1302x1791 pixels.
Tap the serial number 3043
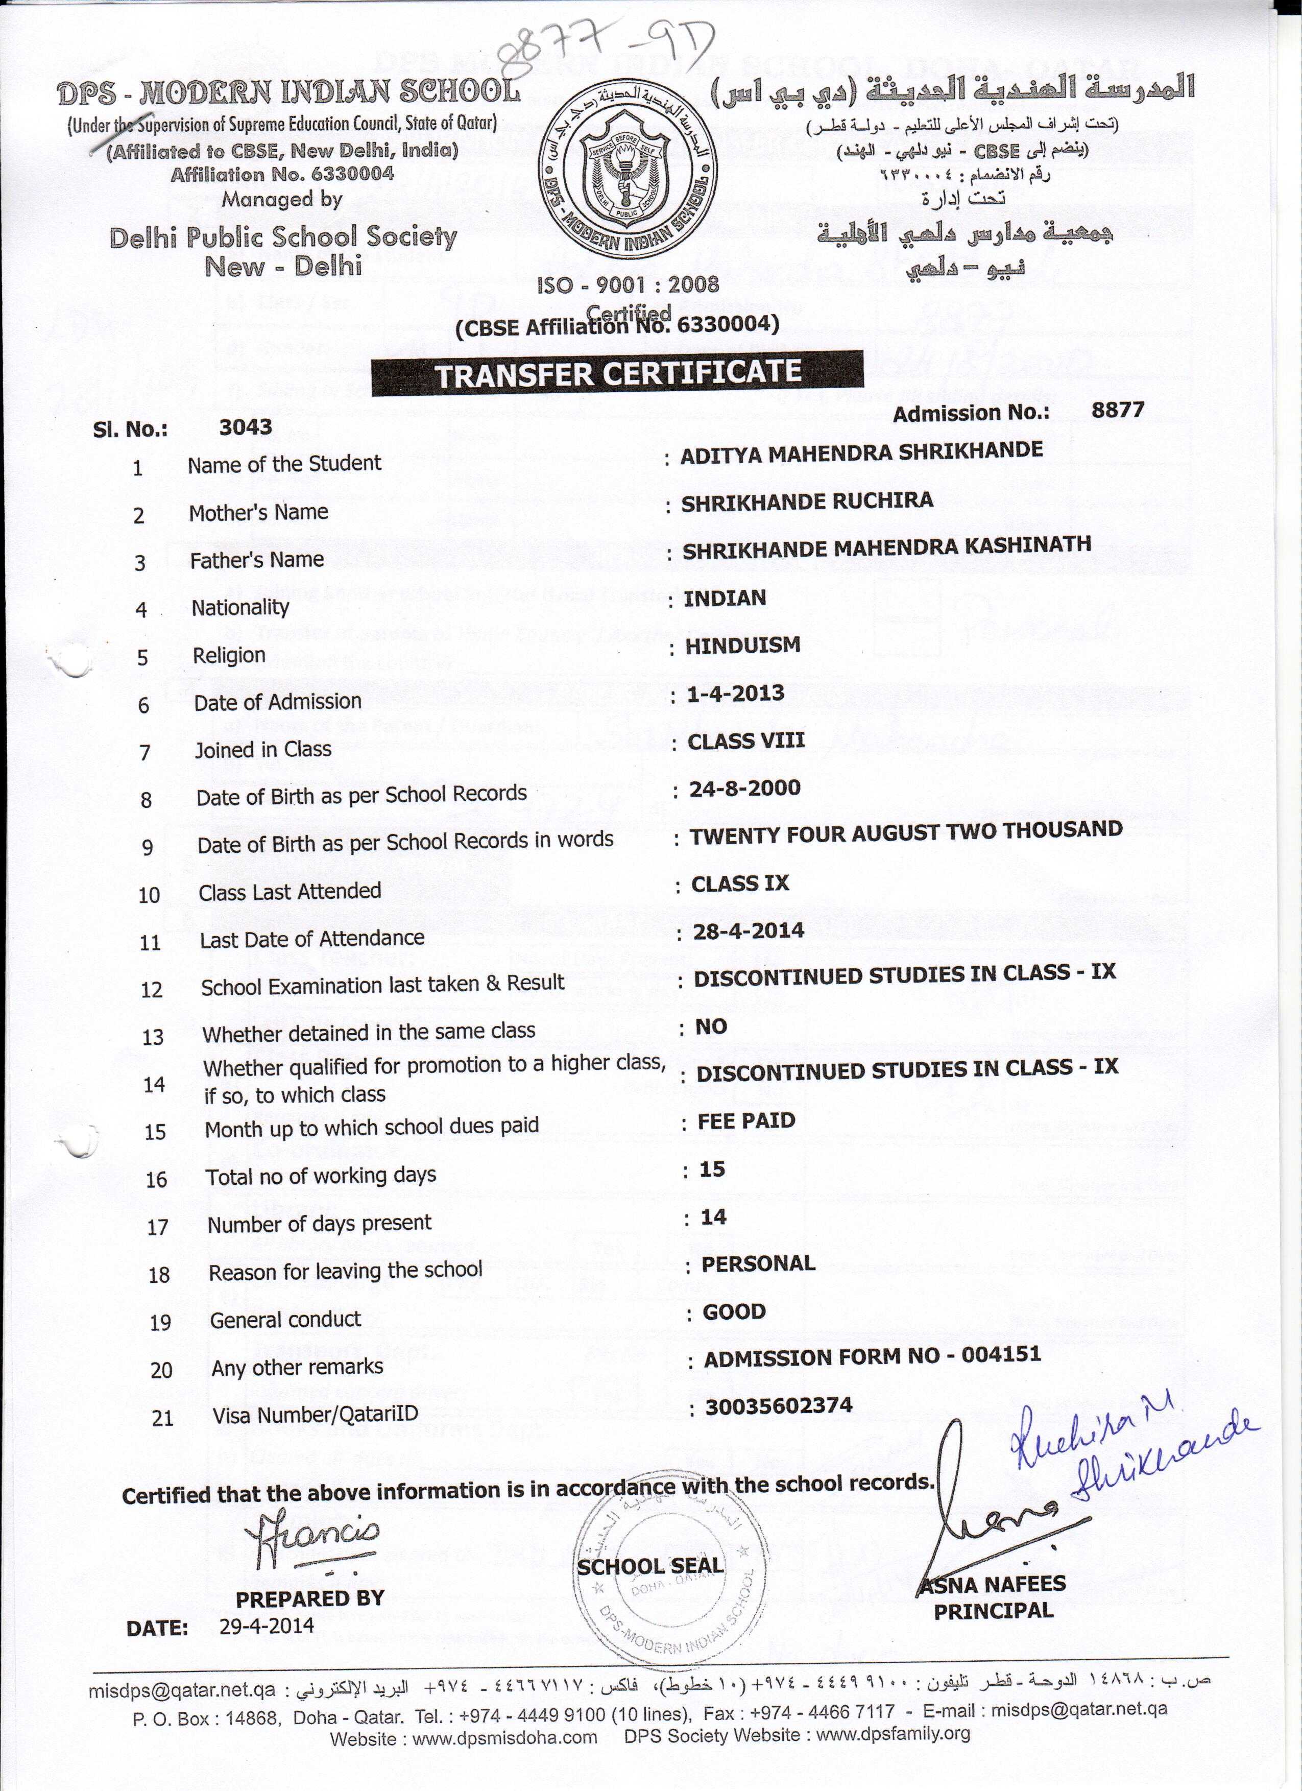[x=246, y=427]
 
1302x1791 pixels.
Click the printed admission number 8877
[x=1117, y=409]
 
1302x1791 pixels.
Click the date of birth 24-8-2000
[x=744, y=788]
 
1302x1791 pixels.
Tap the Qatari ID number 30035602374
[x=779, y=1405]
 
